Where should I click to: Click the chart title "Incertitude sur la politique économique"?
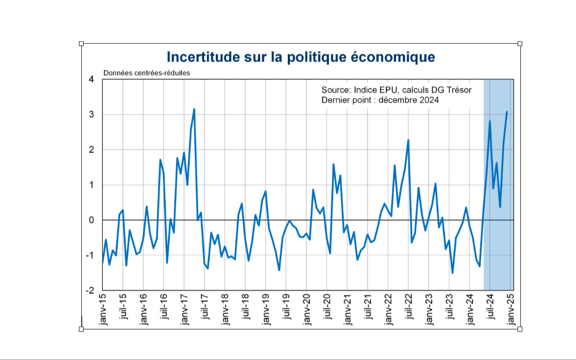(301, 57)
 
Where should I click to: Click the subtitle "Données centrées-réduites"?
(146, 73)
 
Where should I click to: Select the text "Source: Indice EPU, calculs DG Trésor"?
(396, 90)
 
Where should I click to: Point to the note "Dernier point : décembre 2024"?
(380, 100)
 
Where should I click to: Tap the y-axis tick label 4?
(91, 79)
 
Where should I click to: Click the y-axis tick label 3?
(91, 115)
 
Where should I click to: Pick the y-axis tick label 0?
(91, 220)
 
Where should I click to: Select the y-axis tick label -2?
(90, 290)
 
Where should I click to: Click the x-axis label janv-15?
(103, 309)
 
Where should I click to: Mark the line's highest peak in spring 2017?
(194, 109)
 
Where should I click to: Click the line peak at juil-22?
(408, 140)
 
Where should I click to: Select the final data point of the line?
(507, 112)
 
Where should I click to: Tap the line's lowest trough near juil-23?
(452, 273)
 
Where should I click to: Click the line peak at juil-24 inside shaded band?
(490, 121)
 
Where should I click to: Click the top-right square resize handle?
(520, 43)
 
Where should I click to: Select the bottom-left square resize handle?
(81, 329)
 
